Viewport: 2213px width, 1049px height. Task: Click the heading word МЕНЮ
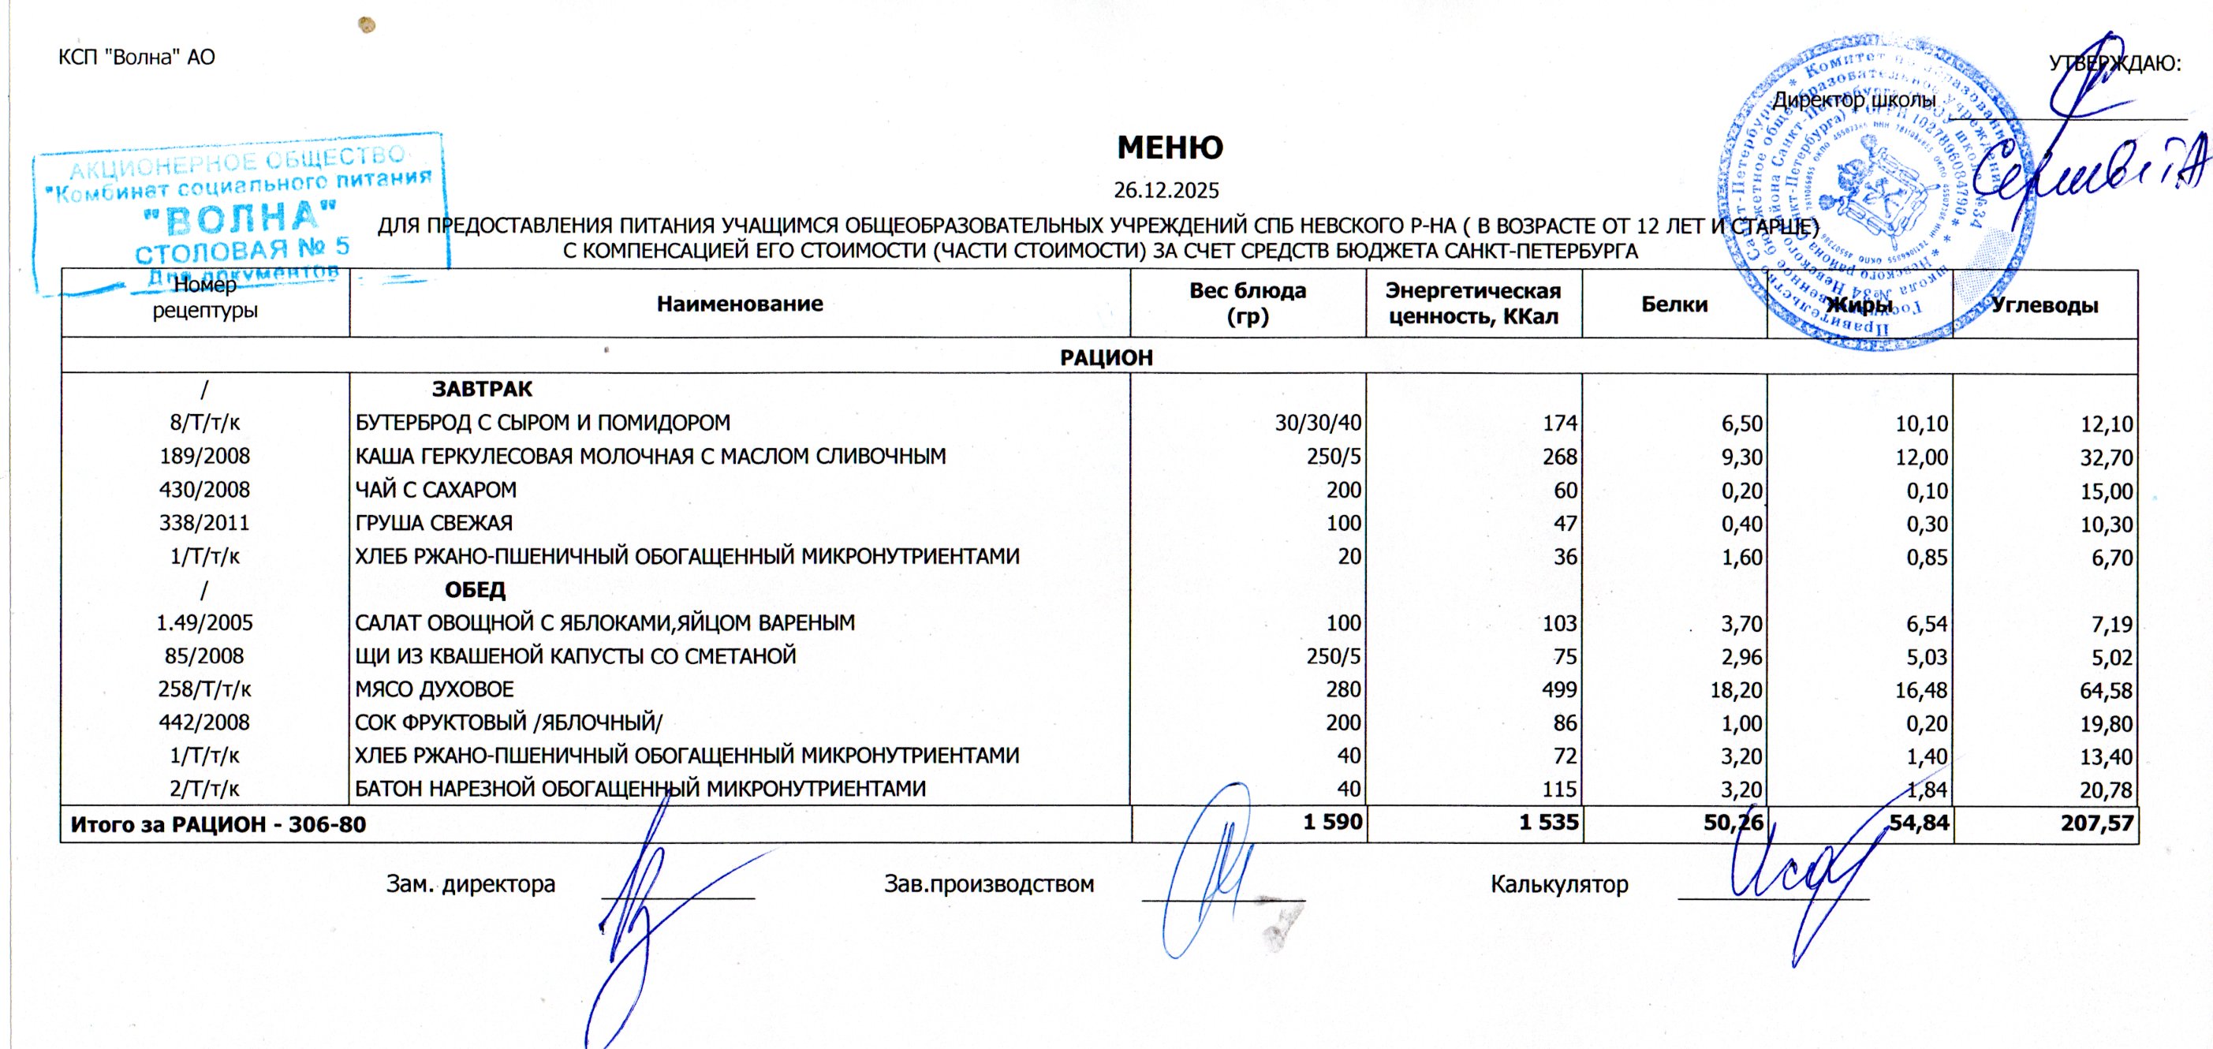(x=1170, y=147)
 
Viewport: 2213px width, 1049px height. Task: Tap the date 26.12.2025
(x=1166, y=190)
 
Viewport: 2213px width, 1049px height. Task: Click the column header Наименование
(x=740, y=304)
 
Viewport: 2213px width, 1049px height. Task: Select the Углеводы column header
(x=2044, y=305)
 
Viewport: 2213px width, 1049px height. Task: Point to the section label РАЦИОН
(x=1106, y=357)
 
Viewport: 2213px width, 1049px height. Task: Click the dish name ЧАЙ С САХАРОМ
(x=436, y=490)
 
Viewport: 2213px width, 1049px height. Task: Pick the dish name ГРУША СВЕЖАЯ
(x=434, y=523)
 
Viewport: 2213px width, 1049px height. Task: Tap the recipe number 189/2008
(x=204, y=456)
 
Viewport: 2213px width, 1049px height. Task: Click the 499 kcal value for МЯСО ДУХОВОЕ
(x=1559, y=690)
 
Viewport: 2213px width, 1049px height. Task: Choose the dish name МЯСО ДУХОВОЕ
(x=435, y=690)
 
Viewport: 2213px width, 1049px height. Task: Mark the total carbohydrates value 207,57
(x=2096, y=824)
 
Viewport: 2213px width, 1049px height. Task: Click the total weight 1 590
(x=1332, y=822)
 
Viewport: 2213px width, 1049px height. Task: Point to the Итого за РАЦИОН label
(x=218, y=825)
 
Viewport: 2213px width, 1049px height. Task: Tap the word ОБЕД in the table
(x=475, y=590)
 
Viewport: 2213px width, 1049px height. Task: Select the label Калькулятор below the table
(x=1559, y=884)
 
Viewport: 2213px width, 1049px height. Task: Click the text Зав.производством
(x=989, y=884)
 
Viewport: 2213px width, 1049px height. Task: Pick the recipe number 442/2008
(x=204, y=722)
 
